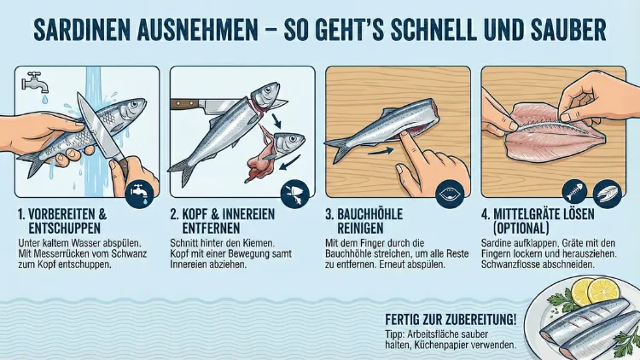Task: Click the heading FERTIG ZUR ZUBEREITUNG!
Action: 451,318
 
